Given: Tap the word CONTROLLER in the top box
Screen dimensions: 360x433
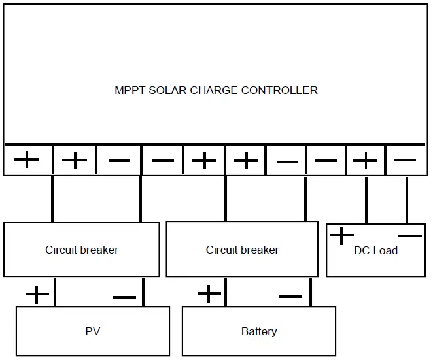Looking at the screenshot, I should coord(279,90).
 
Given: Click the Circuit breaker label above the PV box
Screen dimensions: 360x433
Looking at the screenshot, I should coord(82,250).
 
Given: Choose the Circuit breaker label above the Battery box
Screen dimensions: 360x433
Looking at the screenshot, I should coord(242,250).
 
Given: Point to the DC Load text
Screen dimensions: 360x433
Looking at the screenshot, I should coord(375,250).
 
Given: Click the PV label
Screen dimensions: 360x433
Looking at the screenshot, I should coord(93,331).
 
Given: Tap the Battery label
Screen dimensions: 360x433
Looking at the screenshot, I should coord(259,331).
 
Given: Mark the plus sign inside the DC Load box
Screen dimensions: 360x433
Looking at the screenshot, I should coord(341,235).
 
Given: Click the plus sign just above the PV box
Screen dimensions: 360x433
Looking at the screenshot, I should coord(37,295).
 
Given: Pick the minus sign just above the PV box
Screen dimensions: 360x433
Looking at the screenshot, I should coord(124,297).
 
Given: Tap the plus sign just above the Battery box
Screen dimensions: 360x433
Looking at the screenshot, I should coord(209,294).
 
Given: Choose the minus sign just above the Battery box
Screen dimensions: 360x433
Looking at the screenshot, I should coord(290,297).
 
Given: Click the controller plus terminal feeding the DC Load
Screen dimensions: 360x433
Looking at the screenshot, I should coord(366,160).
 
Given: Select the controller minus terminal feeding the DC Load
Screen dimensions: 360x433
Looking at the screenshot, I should coord(406,159).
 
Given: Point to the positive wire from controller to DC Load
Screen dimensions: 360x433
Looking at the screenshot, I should coord(366,199).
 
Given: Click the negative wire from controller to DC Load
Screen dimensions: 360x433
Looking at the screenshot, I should coord(406,199).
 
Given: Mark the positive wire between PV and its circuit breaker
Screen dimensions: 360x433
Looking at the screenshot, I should coord(54,291).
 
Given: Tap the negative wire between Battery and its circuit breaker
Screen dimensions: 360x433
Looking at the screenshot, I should coord(310,291).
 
